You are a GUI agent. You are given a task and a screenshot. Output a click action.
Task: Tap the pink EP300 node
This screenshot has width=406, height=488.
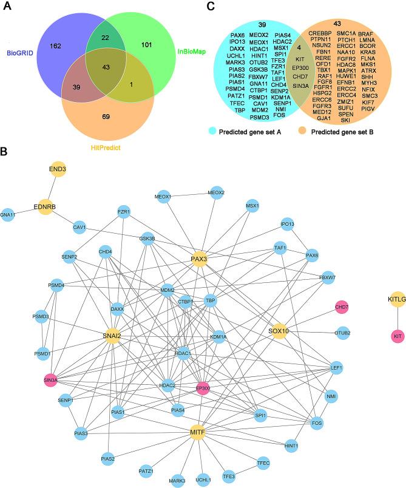pyautogui.click(x=203, y=387)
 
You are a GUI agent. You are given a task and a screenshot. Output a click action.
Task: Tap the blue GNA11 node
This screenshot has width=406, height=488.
pyautogui.click(x=8, y=215)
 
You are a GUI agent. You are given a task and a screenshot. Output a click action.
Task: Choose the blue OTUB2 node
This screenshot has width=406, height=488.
pyautogui.click(x=342, y=333)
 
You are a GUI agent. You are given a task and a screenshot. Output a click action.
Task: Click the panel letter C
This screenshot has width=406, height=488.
pyautogui.click(x=210, y=7)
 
